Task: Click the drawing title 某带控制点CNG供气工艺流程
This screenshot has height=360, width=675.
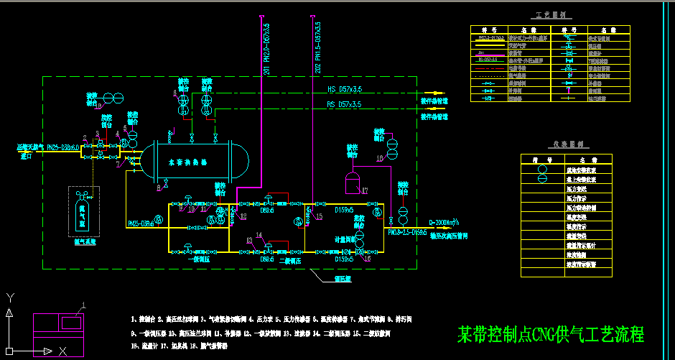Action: (x=551, y=334)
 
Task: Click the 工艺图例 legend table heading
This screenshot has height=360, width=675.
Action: (x=551, y=14)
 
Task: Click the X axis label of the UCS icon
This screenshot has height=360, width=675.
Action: (x=63, y=351)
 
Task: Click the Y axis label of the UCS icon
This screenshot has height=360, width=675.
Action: (x=9, y=296)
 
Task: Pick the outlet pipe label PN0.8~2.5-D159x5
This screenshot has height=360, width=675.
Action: (x=407, y=233)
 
